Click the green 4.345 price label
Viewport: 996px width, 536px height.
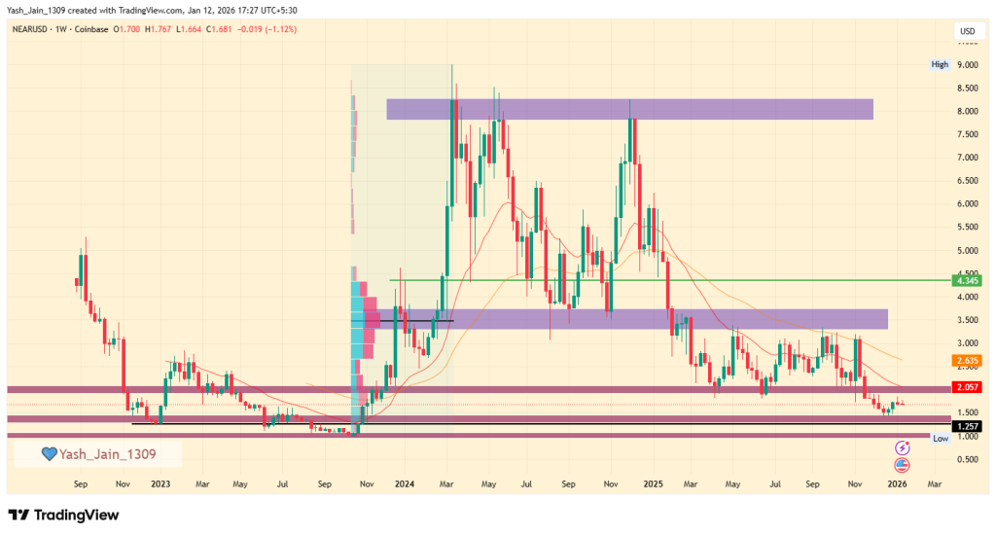click(967, 281)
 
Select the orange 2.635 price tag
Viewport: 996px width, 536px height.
click(967, 360)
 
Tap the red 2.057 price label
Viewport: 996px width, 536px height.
click(967, 387)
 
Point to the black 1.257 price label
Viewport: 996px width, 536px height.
click(967, 425)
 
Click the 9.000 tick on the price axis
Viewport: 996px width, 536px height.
click(967, 65)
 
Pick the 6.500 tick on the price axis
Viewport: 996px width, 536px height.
click(967, 181)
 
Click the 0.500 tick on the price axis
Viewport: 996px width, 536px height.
click(967, 459)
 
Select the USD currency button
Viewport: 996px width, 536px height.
click(967, 31)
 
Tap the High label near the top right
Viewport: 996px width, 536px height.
click(939, 65)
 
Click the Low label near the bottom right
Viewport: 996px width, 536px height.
click(940, 439)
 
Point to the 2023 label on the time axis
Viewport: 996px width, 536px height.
click(160, 482)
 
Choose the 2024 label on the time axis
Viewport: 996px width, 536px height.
click(405, 482)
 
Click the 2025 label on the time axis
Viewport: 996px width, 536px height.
click(653, 482)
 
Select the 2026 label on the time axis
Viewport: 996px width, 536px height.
click(899, 482)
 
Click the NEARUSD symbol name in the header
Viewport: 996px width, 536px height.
click(34, 29)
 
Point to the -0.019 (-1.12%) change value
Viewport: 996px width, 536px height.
click(263, 29)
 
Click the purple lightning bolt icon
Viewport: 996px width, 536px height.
click(902, 447)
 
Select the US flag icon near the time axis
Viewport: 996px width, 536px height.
click(902, 464)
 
